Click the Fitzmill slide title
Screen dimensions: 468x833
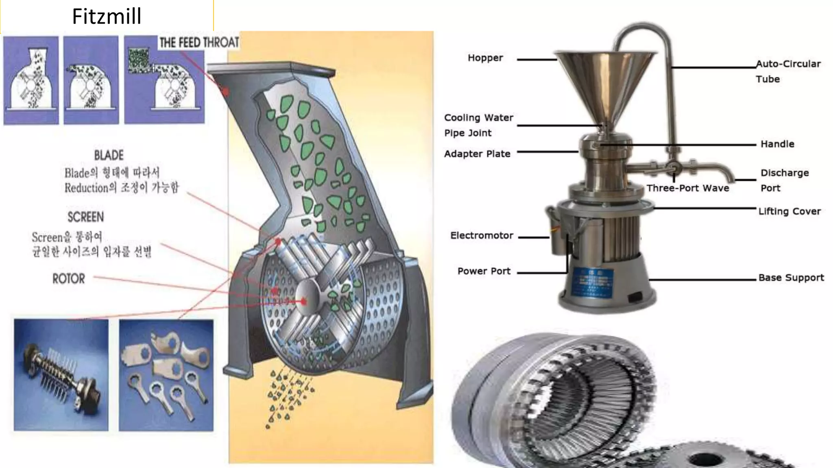click(107, 16)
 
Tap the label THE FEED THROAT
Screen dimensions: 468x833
click(199, 42)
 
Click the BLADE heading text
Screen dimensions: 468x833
click(109, 155)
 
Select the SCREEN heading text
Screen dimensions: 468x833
click(85, 217)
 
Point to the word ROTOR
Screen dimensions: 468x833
click(69, 279)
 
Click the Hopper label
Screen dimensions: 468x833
click(485, 58)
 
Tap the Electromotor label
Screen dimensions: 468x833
click(482, 236)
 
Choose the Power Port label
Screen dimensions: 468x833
click(484, 271)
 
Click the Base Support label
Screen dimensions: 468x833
click(791, 278)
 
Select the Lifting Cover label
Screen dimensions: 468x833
click(789, 212)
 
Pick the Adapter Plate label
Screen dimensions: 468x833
click(477, 154)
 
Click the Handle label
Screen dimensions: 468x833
click(777, 144)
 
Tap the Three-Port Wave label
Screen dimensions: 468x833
click(687, 188)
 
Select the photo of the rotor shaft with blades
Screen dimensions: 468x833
click(61, 375)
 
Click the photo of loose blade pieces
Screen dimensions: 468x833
click(166, 375)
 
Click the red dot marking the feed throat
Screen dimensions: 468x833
click(226, 92)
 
